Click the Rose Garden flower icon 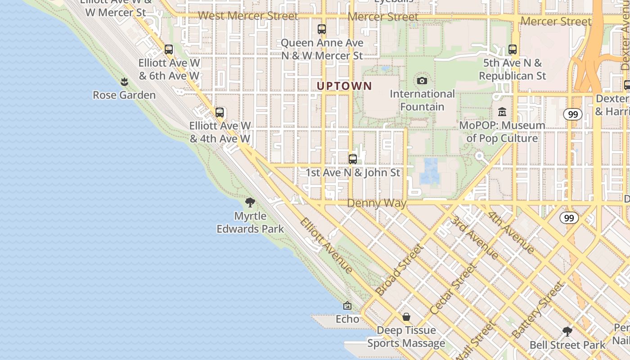124,82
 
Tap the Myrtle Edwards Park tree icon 250,202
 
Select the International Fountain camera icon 422,81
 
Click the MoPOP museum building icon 502,112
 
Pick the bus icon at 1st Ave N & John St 353,159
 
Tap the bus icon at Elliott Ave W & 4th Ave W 220,112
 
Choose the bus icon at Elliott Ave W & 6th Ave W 169,49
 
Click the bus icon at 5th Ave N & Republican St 513,49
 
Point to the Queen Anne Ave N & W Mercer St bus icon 322,29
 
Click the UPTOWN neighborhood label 345,86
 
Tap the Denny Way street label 377,203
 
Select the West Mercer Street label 248,16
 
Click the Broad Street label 400,270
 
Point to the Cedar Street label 453,289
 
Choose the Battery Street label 538,310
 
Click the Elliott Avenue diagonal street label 327,246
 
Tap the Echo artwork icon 347,306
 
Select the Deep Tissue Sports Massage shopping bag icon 406,317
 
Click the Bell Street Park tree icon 567,332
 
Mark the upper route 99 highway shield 572,114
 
